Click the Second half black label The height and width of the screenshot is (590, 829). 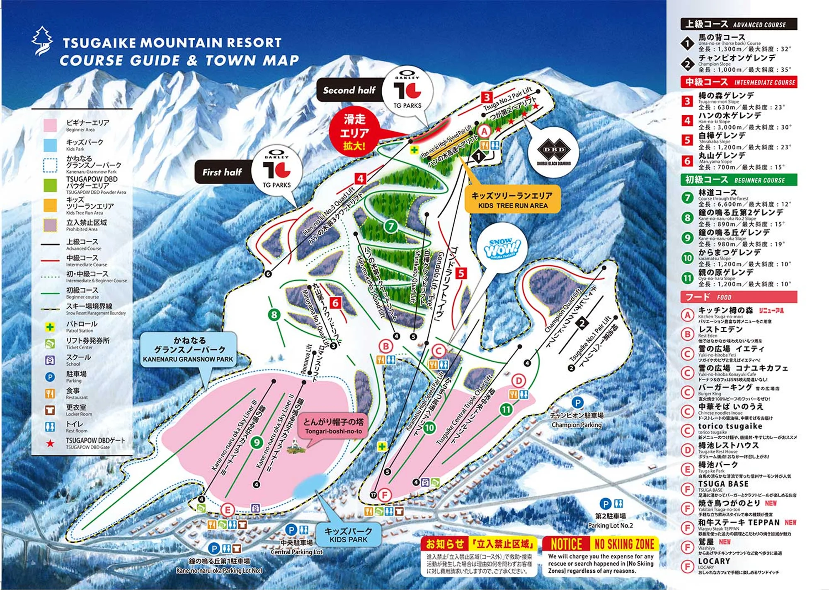(349, 90)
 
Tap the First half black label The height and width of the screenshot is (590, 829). (223, 172)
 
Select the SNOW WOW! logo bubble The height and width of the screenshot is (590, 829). (502, 249)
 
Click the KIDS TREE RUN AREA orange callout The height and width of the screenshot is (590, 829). (512, 200)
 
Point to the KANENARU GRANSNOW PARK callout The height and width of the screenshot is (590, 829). (189, 349)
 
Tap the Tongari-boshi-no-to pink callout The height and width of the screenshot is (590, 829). (333, 426)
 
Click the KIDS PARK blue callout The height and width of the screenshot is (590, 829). (348, 535)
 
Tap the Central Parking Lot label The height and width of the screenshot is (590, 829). (296, 547)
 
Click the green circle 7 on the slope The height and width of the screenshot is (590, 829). (390, 226)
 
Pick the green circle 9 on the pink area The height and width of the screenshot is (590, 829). (257, 442)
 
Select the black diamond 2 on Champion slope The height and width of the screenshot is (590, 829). (582, 324)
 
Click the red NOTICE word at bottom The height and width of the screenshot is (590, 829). (566, 544)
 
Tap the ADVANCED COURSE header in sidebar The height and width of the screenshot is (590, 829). (738, 24)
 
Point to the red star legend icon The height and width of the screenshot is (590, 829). (50, 443)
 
